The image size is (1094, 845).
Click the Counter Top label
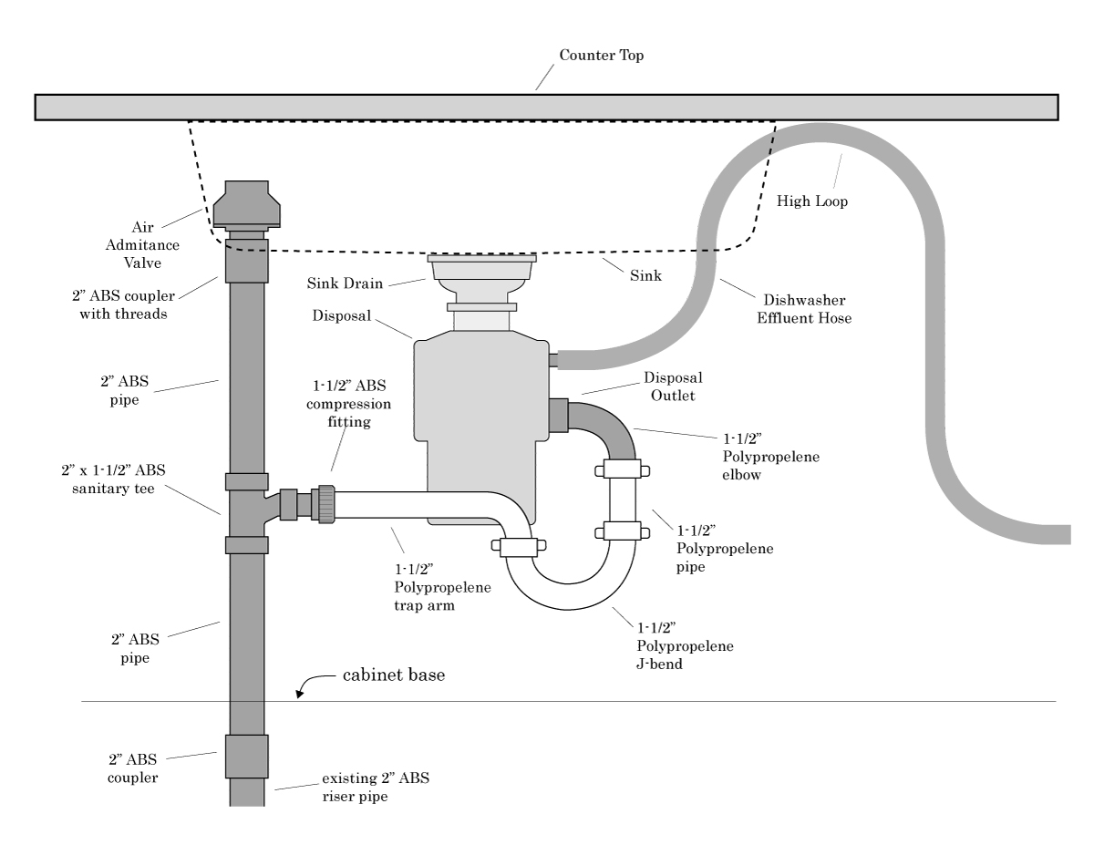tap(601, 55)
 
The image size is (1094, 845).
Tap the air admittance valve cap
tap(247, 203)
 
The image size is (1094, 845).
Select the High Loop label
tap(811, 201)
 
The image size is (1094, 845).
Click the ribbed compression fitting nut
tap(326, 504)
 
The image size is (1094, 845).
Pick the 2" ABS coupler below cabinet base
tap(247, 756)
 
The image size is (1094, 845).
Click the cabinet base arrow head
tap(299, 694)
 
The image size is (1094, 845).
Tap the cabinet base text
tap(394, 675)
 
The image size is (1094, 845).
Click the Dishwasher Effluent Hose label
tap(804, 309)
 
